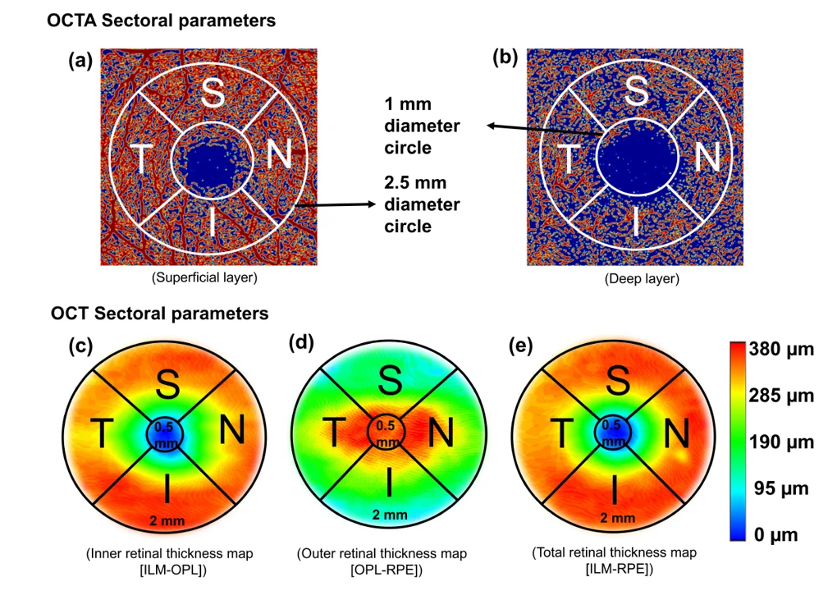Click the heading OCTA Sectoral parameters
(161, 21)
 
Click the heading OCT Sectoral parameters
(159, 313)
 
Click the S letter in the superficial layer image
(213, 94)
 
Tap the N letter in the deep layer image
(708, 158)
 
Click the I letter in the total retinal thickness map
(615, 491)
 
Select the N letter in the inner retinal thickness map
(233, 431)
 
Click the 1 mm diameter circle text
(423, 126)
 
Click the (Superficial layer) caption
(204, 277)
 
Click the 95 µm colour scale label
(781, 490)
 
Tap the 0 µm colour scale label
(776, 536)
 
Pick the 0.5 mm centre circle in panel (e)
(611, 432)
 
